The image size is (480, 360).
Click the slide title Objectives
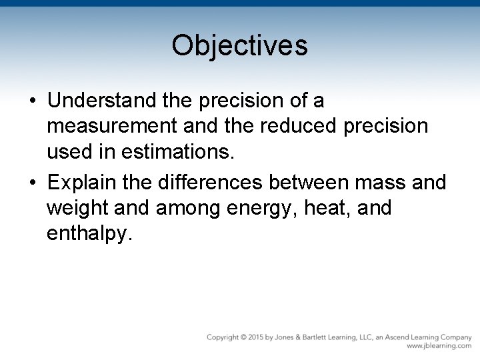pos(239,46)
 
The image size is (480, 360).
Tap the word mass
pos(380,182)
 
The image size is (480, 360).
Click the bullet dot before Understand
pos(33,101)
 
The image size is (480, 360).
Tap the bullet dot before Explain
pos(33,183)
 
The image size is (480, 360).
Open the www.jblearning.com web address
pos(439,346)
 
